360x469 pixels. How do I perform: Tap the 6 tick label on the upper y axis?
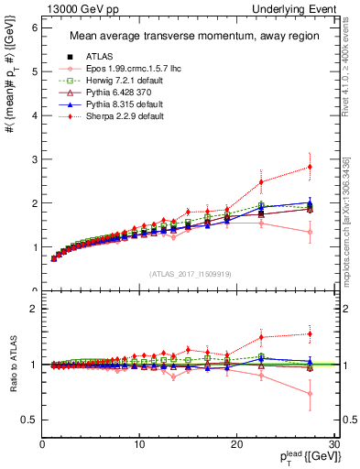(x=32, y=27)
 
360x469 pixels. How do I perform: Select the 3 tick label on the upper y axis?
(x=32, y=159)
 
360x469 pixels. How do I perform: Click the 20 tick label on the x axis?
(x=236, y=444)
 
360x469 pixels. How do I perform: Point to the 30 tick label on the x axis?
(x=333, y=444)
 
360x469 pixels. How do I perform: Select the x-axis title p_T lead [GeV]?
(x=303, y=457)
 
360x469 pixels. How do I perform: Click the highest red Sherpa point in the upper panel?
(x=310, y=167)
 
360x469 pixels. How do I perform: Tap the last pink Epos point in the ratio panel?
(x=310, y=394)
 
